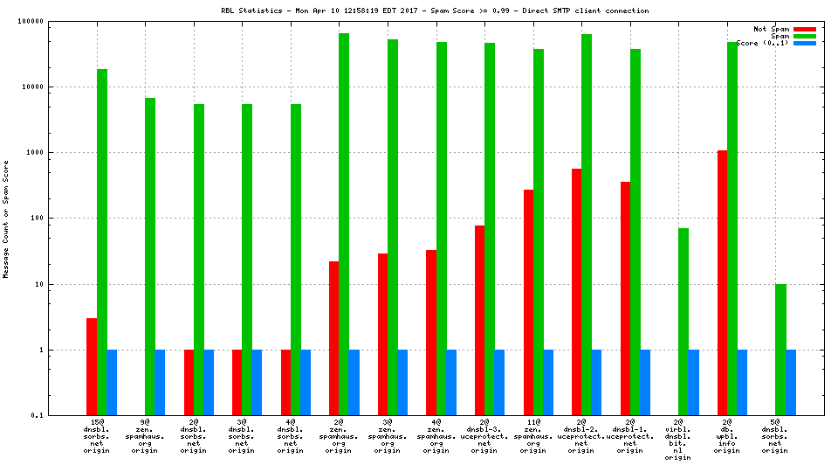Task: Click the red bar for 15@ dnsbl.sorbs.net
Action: [92, 366]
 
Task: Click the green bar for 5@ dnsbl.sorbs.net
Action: [780, 349]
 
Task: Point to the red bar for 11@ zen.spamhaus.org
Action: [528, 302]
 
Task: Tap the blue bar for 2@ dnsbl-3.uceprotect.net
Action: [499, 382]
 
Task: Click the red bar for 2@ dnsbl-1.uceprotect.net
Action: [625, 298]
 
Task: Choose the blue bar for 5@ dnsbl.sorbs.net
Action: [791, 382]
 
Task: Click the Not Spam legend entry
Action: [772, 29]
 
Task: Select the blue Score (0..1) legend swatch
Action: [804, 43]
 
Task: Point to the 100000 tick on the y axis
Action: [55, 21]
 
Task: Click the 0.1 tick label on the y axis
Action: [61, 415]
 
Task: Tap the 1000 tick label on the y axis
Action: [58, 152]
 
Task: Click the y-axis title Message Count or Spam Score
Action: [6, 219]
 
